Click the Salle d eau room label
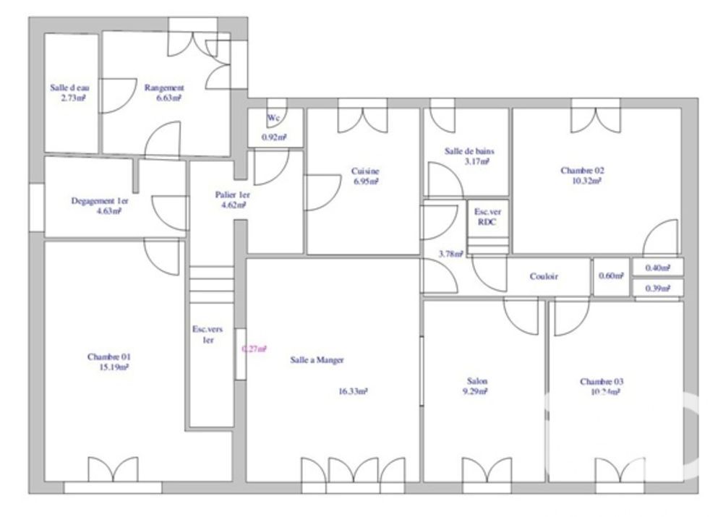[x=69, y=88]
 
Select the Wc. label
[x=274, y=118]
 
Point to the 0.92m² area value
[x=274, y=137]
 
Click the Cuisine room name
[x=365, y=171]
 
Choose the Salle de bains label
[x=469, y=152]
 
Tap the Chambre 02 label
[x=582, y=171]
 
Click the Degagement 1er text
[x=100, y=201]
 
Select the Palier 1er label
[x=232, y=195]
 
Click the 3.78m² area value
[x=450, y=254]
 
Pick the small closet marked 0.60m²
[x=611, y=276]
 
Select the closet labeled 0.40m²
[x=657, y=268]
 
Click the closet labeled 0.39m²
[x=657, y=289]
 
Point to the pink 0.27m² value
[x=254, y=349]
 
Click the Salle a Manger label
[x=317, y=360]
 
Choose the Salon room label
[x=477, y=381]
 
